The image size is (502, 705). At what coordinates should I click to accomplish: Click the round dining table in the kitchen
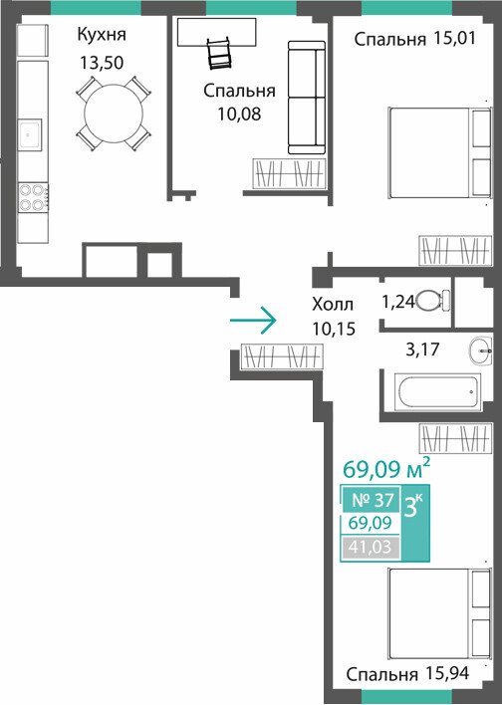click(x=115, y=114)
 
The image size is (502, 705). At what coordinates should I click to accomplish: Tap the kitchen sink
click(x=30, y=133)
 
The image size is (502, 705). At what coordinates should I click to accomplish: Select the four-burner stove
click(x=33, y=197)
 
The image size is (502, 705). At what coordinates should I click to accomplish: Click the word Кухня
click(x=102, y=35)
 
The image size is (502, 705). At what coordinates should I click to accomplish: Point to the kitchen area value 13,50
click(x=102, y=63)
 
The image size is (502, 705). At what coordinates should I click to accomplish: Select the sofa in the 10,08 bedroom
click(x=307, y=98)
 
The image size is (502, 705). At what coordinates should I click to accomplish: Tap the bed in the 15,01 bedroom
click(x=439, y=152)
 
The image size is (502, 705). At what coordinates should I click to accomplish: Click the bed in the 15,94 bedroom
click(x=439, y=613)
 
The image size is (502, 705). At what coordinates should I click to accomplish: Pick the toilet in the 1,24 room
click(x=433, y=301)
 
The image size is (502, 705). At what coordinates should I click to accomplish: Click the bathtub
click(x=437, y=391)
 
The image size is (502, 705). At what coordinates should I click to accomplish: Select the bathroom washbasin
click(x=480, y=351)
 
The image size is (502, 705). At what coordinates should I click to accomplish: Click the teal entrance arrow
click(x=252, y=320)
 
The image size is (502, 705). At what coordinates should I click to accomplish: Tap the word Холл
click(x=333, y=305)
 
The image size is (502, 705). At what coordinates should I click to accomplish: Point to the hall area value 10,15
click(x=335, y=330)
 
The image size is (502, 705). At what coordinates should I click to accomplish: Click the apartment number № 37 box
click(x=372, y=500)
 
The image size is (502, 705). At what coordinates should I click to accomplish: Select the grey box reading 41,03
click(x=372, y=548)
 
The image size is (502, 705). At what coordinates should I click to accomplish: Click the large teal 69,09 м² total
click(x=386, y=469)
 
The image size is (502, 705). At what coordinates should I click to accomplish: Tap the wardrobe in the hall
click(x=282, y=357)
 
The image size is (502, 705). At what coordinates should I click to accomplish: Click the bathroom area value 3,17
click(x=422, y=350)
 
